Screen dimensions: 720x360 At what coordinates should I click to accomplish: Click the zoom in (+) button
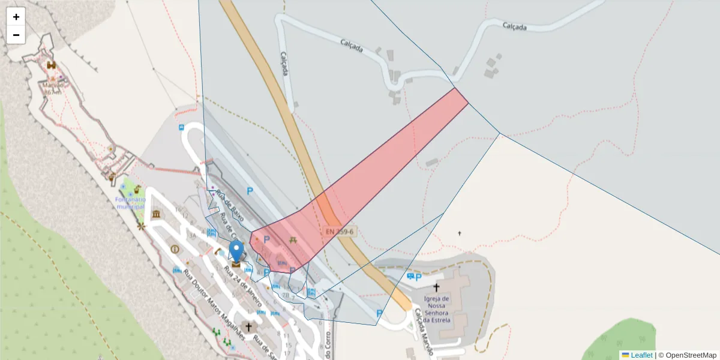tap(16, 17)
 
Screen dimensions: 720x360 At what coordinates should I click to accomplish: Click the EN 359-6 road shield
tap(340, 231)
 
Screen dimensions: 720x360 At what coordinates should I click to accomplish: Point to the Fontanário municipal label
tap(131, 203)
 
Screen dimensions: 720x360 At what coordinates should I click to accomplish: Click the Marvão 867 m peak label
tap(52, 88)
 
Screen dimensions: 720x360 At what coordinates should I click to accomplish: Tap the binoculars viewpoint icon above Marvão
tap(51, 65)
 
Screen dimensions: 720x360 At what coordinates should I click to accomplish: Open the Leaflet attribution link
tap(641, 355)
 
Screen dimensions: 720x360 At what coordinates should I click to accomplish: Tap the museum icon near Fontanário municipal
tap(157, 214)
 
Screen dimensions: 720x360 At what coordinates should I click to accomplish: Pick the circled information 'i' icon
tap(175, 249)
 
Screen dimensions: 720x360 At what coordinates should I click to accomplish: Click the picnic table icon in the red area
tap(293, 239)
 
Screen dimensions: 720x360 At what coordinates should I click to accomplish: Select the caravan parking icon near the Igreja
tap(410, 276)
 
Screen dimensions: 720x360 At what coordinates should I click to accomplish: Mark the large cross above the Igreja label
tap(436, 288)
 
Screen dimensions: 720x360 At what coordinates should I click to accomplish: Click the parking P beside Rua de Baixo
tap(250, 191)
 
